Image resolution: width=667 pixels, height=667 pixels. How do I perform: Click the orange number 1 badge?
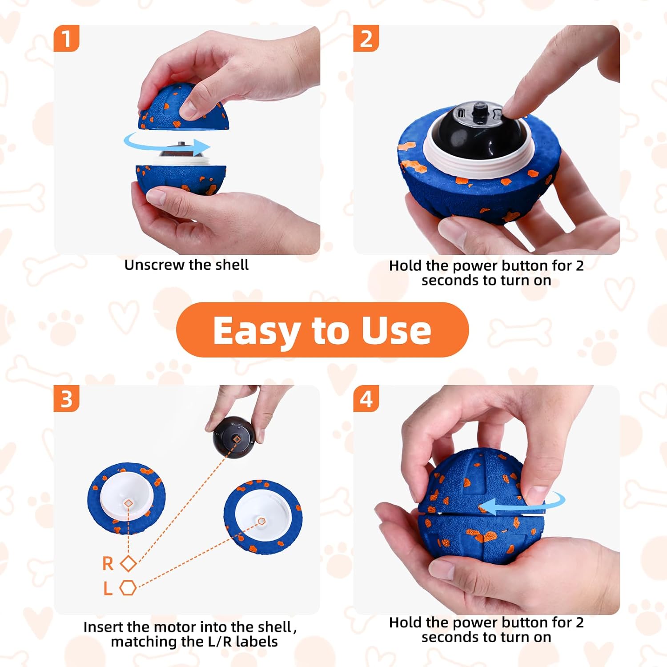(66, 38)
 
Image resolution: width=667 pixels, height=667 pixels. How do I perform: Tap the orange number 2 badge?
(366, 38)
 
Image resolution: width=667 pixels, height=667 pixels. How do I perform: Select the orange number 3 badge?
(66, 398)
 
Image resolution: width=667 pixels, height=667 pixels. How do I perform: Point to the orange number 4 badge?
(366, 398)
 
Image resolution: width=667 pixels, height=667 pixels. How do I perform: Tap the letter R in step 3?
(108, 564)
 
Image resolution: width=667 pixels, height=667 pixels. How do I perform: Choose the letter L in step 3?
(108, 588)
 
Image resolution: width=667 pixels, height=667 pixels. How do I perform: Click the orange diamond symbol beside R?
(129, 564)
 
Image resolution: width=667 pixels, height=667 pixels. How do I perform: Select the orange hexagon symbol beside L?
(128, 588)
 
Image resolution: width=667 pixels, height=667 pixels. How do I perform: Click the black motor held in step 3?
(233, 437)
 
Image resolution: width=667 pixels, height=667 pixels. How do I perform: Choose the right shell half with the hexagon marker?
(263, 516)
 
